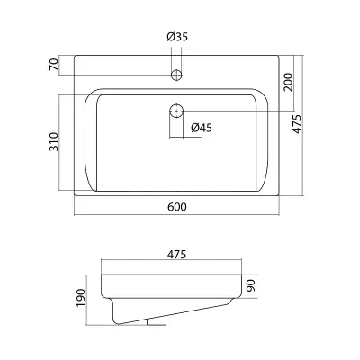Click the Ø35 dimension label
tap(177, 37)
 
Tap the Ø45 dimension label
tap(202, 128)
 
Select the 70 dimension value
tap(54, 65)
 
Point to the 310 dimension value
tap(54, 141)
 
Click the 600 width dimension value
tap(177, 207)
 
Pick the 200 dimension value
tap(288, 82)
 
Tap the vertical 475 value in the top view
tap(297, 124)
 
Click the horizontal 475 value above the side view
tap(176, 254)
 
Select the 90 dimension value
tap(250, 285)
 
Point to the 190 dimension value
tap(81, 298)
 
